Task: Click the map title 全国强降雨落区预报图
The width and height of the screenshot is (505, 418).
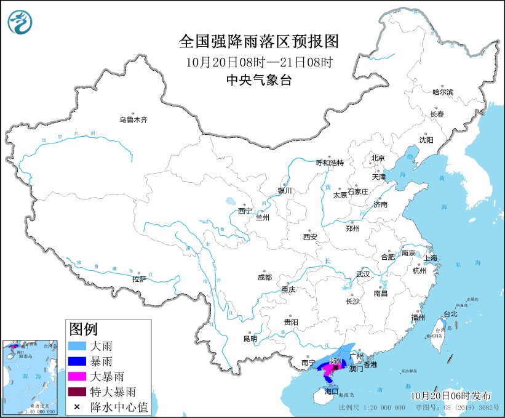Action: (x=258, y=41)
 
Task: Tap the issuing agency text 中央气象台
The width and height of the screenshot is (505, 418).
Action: (x=258, y=79)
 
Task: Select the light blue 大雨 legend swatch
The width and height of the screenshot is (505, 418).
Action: (x=78, y=347)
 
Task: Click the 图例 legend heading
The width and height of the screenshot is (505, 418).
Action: (x=83, y=329)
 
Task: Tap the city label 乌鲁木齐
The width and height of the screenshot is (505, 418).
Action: (x=133, y=120)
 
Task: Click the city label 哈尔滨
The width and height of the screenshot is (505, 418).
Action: (x=442, y=92)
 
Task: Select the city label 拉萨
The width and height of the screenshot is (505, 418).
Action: (x=139, y=279)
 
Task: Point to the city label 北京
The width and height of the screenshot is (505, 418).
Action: (x=378, y=158)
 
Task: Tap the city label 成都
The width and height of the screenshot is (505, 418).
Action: (x=265, y=277)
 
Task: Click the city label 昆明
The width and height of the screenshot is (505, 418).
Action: (x=250, y=338)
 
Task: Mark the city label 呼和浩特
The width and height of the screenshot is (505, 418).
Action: (x=329, y=163)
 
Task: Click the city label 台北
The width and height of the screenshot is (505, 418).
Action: (x=450, y=313)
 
